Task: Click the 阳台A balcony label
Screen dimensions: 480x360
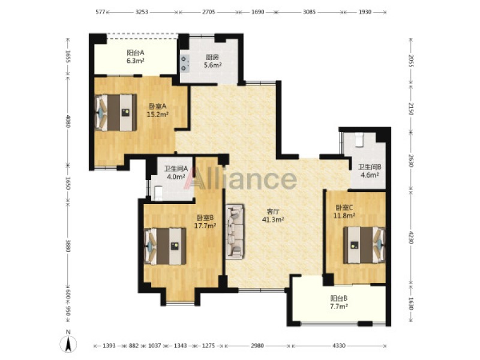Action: point(136,53)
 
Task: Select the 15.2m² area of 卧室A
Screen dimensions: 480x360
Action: point(158,115)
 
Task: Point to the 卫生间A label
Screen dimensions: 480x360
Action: point(176,169)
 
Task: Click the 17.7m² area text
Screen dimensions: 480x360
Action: point(205,226)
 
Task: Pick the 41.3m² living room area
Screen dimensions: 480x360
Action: point(273,219)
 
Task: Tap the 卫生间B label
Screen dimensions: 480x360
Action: point(370,167)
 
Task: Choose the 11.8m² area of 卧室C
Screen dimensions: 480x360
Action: point(344,215)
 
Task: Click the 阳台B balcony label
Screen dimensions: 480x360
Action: point(339,298)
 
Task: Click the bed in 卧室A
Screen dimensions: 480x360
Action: point(116,113)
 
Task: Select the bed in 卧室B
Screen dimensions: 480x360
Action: point(164,246)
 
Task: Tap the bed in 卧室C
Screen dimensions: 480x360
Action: point(364,245)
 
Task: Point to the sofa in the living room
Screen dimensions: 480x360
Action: point(235,232)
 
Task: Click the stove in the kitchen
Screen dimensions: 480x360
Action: point(185,64)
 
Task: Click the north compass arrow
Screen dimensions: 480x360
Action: point(68,344)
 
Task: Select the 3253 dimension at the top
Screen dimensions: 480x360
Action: point(142,12)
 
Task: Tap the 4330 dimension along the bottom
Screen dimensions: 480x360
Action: point(339,346)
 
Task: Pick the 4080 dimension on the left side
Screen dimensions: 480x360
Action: point(68,122)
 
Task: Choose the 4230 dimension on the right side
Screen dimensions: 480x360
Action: point(411,236)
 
